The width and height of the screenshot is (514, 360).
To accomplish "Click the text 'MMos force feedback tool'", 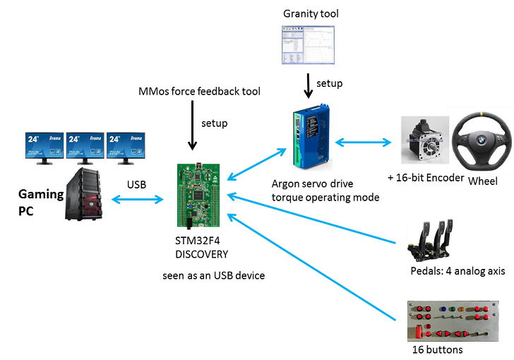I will [200, 92].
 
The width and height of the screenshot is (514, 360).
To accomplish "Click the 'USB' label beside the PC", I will [136, 185].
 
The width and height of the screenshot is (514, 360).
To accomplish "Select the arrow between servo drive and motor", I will [363, 143].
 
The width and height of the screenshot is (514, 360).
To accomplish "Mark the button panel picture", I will [447, 320].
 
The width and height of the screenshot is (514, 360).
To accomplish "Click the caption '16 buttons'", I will [437, 349].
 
